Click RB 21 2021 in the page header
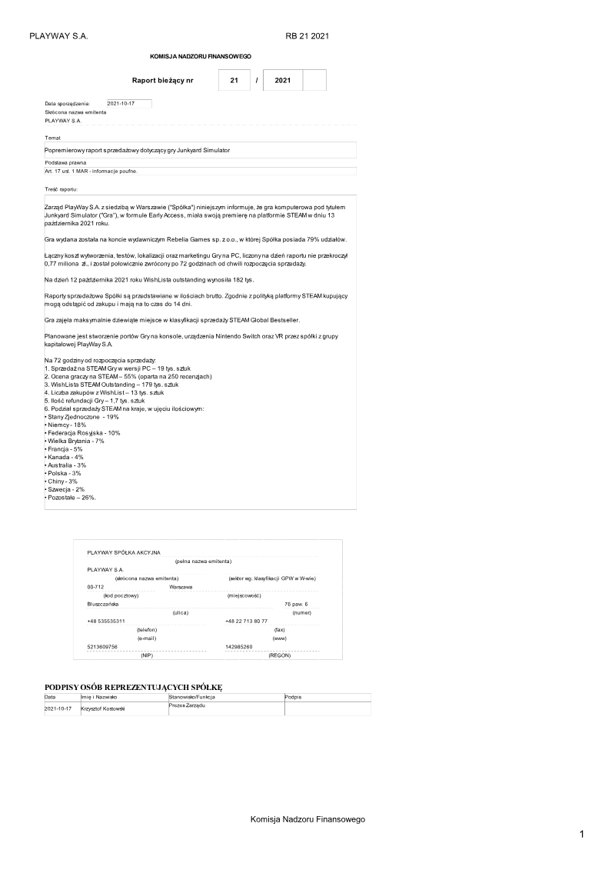pos(307,36)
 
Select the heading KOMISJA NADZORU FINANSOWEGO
pos(201,57)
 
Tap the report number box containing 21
pos(234,80)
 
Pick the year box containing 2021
pos(282,80)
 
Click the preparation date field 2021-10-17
pos(128,103)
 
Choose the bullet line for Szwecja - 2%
pos(65,489)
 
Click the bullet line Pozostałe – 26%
pos(71,498)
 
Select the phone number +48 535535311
pos(106,621)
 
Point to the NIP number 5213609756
pos(102,647)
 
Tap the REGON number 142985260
pos(238,647)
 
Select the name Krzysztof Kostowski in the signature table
pos(103,708)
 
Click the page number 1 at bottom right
pos(582,835)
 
